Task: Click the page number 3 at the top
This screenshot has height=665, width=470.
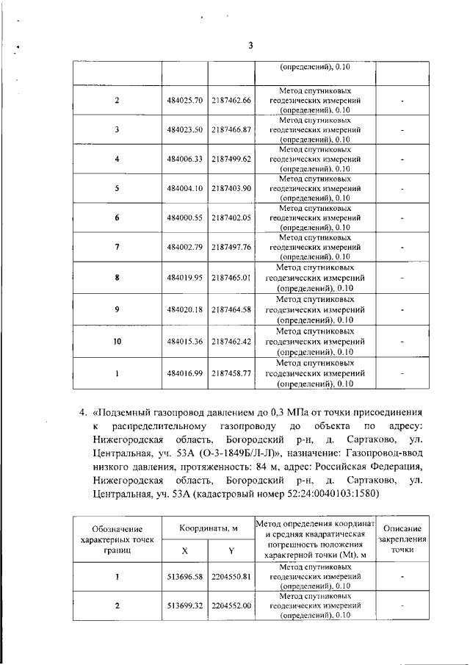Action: pos(250,45)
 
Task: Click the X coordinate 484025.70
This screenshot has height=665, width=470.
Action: pos(184,100)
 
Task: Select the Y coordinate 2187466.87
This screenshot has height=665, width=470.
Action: pos(231,129)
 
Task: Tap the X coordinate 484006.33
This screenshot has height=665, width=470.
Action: pos(184,159)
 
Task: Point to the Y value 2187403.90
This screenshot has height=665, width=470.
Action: pos(231,188)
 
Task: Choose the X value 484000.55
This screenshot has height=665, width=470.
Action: pos(184,218)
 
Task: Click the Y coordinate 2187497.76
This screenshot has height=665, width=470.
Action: pos(231,247)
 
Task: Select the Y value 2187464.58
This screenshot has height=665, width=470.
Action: pos(231,310)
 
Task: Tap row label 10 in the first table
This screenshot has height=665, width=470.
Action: pos(117,341)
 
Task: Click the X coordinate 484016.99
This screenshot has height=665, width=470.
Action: pos(184,373)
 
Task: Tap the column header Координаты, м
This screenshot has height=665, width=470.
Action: pos(208,528)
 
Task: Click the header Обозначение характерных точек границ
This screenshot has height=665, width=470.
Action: pos(117,539)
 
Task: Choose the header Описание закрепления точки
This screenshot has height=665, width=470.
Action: pos(402,539)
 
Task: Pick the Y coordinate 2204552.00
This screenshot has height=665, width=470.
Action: pos(231,605)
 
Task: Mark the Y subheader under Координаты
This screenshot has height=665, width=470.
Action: pos(231,550)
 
